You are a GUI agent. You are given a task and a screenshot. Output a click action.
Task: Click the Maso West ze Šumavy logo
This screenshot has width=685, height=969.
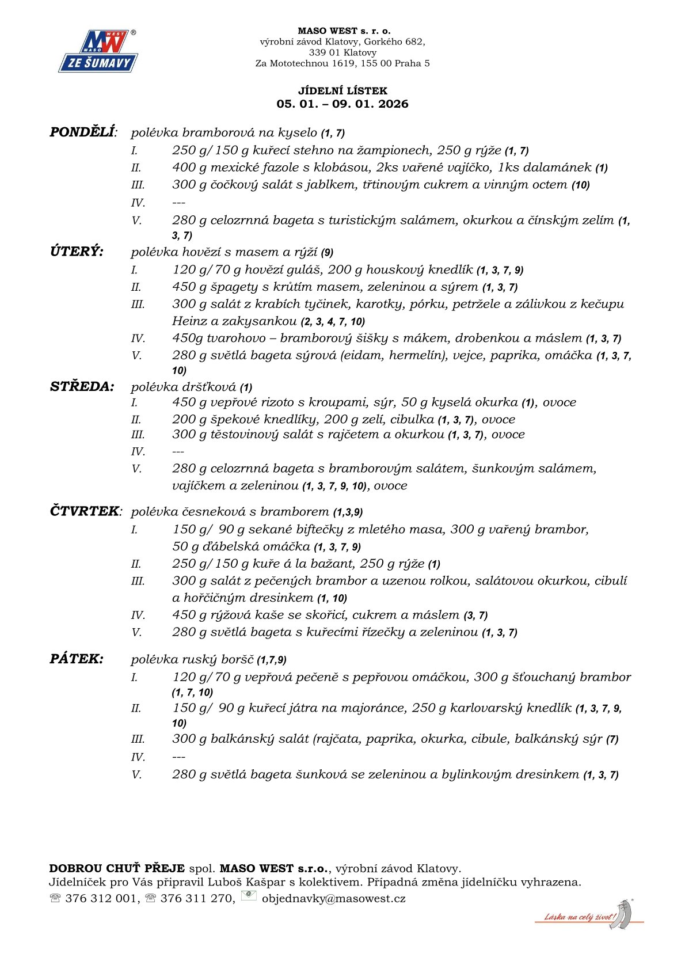pos(98,51)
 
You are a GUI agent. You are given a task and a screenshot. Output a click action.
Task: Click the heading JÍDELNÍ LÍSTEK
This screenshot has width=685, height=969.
pos(342,91)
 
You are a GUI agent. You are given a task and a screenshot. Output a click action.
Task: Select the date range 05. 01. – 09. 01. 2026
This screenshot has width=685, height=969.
pos(342,104)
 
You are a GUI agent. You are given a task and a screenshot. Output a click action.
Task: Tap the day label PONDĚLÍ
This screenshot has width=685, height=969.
pos(82,132)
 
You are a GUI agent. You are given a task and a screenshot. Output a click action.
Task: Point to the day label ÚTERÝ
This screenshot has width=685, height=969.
pos(77,252)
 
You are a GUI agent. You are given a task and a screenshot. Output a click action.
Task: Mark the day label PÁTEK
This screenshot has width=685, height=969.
pos(77,659)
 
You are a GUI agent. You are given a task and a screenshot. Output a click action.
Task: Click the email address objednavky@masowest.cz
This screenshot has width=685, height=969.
pos(333,898)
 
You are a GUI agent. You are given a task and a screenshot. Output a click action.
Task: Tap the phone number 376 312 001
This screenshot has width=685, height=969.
pos(101,898)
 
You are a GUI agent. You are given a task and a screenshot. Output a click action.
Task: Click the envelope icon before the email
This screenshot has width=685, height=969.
pos(249,896)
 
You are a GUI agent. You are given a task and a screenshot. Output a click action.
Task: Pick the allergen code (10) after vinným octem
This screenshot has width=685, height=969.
pos(580,185)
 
